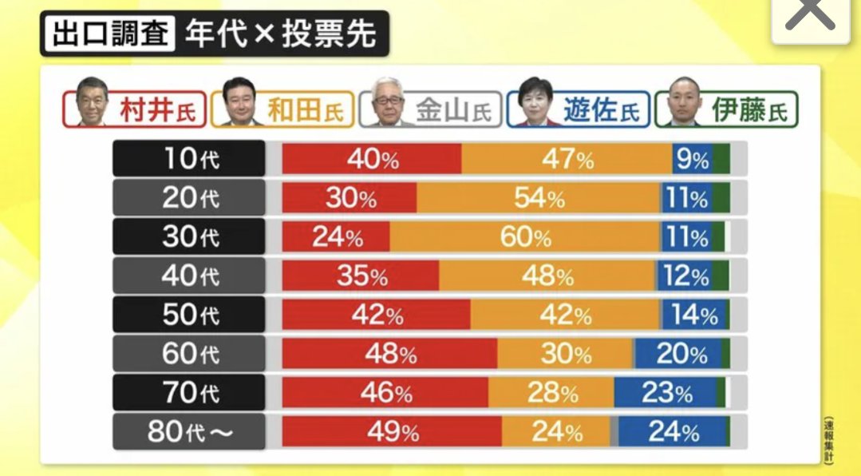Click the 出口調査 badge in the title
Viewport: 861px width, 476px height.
110,34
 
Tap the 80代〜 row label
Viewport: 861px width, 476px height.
188,432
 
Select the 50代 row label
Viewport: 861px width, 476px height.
188,315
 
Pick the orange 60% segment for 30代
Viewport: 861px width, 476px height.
525,237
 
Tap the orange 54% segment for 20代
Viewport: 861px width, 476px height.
539,198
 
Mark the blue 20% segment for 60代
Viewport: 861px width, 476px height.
680,354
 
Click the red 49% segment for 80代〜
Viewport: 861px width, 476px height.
392,432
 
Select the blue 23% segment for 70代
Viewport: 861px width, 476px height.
665,393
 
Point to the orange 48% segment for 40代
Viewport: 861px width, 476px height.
547,276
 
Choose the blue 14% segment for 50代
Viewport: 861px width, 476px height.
693,315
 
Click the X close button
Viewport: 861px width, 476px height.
810,17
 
